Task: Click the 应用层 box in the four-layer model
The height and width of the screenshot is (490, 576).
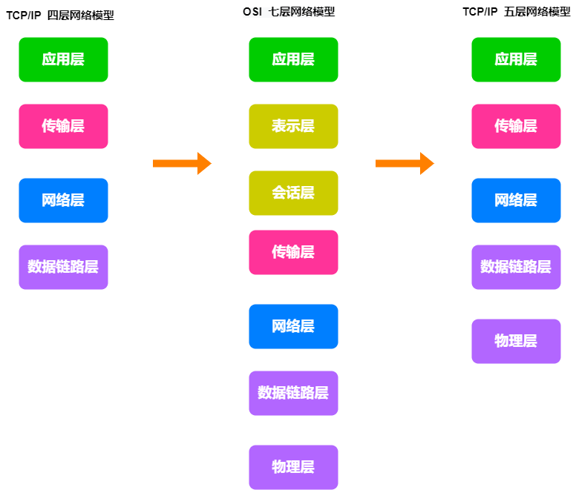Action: point(63,59)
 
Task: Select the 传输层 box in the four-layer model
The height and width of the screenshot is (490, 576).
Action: point(63,126)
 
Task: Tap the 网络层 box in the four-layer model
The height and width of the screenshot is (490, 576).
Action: point(63,200)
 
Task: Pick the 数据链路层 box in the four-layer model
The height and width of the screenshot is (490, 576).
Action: point(63,267)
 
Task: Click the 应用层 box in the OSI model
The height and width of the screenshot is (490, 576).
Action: point(293,59)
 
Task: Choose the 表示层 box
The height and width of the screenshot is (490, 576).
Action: point(293,126)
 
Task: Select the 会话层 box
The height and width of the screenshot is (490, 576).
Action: point(293,193)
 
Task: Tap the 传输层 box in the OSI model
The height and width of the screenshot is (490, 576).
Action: point(293,252)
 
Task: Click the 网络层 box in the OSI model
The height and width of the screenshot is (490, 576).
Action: point(293,326)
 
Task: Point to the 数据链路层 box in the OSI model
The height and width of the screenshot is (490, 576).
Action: point(293,393)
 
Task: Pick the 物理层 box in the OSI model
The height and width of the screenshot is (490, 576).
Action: point(293,467)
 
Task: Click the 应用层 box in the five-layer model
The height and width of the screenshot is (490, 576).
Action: point(516,59)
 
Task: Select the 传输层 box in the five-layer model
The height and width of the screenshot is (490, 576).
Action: point(516,126)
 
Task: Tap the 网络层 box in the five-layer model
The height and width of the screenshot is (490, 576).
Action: point(516,200)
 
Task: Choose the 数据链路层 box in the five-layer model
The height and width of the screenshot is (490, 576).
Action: point(516,267)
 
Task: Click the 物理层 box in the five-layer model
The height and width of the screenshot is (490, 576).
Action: point(516,341)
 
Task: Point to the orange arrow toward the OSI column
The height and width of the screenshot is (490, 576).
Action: point(182,163)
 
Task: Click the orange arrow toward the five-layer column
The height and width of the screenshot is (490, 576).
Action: point(405,163)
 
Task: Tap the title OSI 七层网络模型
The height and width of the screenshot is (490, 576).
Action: point(289,12)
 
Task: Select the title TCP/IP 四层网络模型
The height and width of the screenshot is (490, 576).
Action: point(60,16)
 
